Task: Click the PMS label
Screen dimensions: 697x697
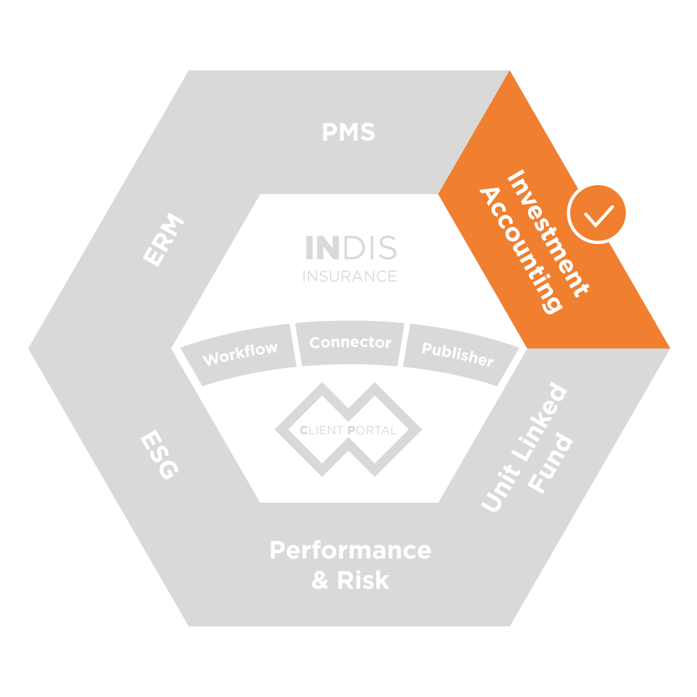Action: [348, 132]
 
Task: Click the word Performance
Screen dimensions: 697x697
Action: [350, 551]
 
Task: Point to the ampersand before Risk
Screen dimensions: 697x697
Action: [320, 580]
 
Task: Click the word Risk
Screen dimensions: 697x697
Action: [363, 580]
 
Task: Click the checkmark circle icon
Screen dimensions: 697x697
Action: [598, 213]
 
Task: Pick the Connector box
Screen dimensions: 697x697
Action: [350, 343]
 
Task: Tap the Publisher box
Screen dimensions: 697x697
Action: [458, 354]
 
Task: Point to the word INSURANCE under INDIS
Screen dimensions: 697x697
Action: [350, 276]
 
